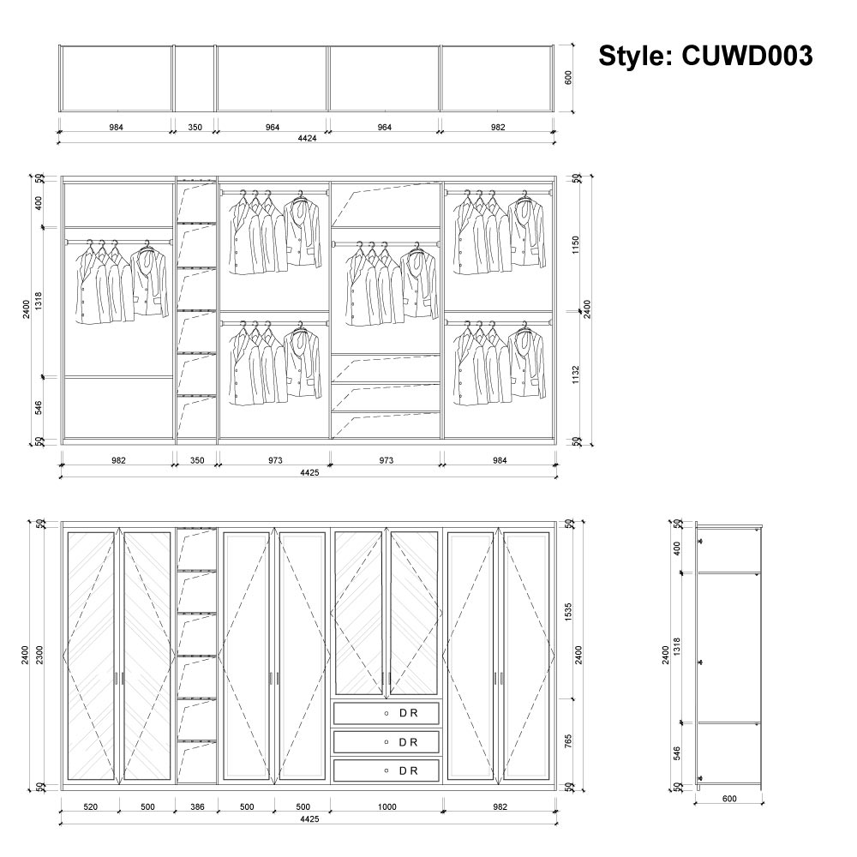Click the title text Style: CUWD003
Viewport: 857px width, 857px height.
tap(704, 56)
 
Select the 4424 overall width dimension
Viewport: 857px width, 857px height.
tap(307, 138)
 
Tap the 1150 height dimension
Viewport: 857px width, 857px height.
tap(578, 245)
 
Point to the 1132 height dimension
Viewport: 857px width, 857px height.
tap(578, 375)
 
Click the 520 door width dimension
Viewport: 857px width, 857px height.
tap(90, 806)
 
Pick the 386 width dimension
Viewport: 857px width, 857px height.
tap(196, 806)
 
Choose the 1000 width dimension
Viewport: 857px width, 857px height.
tap(387, 806)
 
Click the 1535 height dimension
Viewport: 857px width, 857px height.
tap(568, 612)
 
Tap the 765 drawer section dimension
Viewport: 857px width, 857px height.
tap(568, 741)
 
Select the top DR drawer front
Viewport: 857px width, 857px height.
tap(387, 713)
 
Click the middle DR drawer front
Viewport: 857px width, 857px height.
tap(387, 742)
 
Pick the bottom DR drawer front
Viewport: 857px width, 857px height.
tap(387, 770)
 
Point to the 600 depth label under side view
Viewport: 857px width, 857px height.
tap(728, 799)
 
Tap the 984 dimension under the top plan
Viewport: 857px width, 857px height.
tap(116, 127)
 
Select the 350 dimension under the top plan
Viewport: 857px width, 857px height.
tap(195, 127)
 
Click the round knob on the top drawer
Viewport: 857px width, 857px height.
tap(387, 713)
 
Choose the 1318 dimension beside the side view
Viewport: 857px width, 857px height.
tap(677, 647)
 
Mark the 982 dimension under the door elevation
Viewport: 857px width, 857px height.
tap(500, 806)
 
